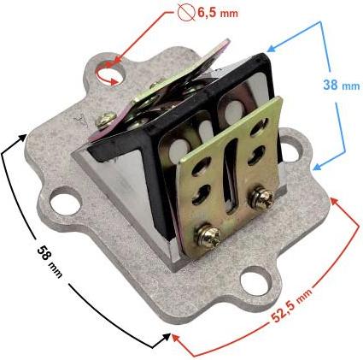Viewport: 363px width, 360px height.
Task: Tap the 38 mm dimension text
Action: click(x=342, y=85)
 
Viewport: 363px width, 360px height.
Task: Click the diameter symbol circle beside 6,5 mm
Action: click(x=185, y=13)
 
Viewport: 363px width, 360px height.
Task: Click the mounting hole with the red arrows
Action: click(x=110, y=74)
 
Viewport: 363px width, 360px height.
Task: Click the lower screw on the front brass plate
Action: click(x=208, y=236)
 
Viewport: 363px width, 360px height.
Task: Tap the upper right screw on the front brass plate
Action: click(x=261, y=198)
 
